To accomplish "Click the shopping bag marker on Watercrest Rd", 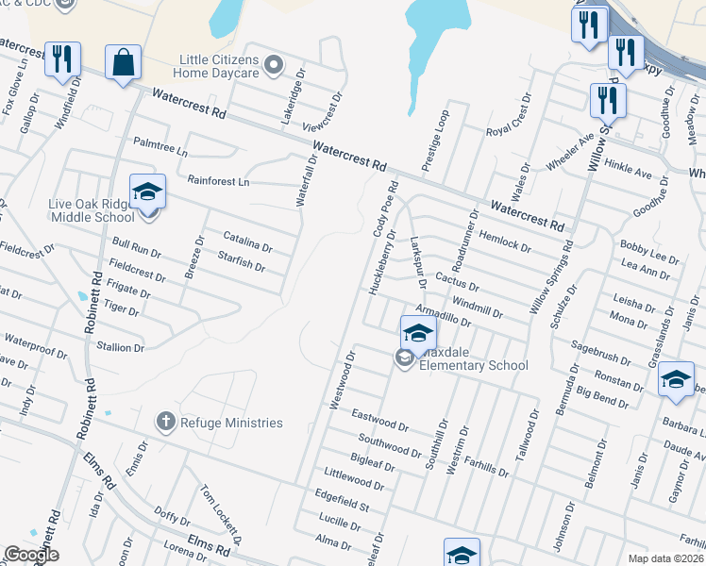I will [123, 63].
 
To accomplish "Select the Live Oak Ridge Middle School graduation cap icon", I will [147, 193].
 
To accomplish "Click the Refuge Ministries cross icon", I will [165, 422].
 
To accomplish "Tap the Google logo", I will [32, 555].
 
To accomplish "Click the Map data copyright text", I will [665, 558].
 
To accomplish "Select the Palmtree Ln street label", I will [160, 147].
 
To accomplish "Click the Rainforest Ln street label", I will [217, 180].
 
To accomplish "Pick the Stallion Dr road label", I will [120, 347].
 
